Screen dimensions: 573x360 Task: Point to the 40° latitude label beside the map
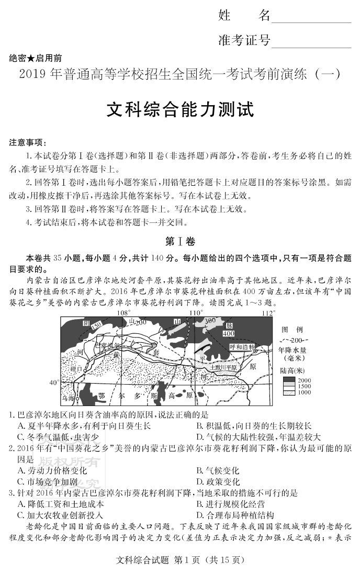point(53,383)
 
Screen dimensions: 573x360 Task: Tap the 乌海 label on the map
point(68,399)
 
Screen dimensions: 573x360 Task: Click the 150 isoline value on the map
point(95,326)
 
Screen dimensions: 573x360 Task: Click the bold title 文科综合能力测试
point(180,110)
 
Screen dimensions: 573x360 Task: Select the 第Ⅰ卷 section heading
point(179,242)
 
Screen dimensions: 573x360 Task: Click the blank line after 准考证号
point(311,41)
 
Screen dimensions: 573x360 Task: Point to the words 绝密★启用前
point(35,58)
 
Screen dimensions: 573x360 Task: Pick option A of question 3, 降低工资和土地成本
point(61,503)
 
